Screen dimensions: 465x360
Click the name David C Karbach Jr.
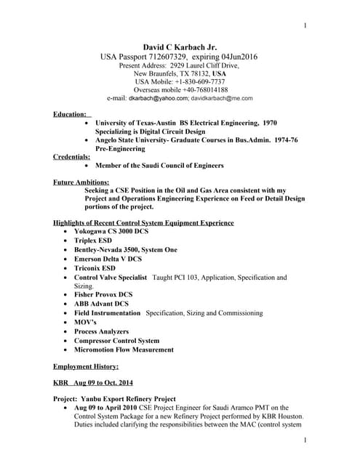179,46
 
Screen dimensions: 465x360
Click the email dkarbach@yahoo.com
159,98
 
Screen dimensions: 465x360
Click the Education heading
72,114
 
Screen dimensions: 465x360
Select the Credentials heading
72,156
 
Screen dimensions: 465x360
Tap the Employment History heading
86,367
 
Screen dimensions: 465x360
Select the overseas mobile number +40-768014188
204,89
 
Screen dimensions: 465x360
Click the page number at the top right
305,26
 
